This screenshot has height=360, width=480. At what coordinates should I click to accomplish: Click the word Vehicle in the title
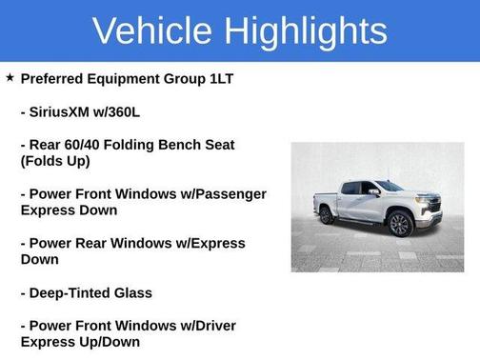[152, 31]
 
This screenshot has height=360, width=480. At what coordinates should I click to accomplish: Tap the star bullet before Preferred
[10, 77]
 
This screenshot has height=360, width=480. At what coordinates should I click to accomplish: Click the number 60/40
[88, 145]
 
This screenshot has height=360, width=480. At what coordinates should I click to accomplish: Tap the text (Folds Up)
[55, 161]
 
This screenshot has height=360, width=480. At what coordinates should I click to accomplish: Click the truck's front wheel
[400, 225]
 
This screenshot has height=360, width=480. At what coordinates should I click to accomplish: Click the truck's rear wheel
[327, 215]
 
